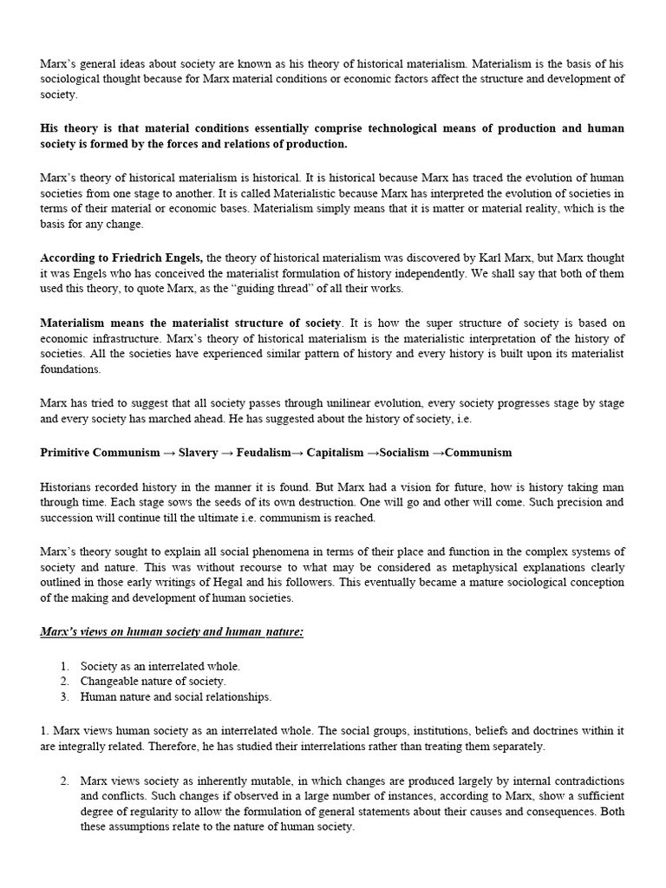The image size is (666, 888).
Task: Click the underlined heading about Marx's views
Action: tap(172, 632)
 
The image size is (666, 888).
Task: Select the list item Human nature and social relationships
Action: tap(176, 696)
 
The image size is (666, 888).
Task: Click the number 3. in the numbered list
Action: tap(66, 696)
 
